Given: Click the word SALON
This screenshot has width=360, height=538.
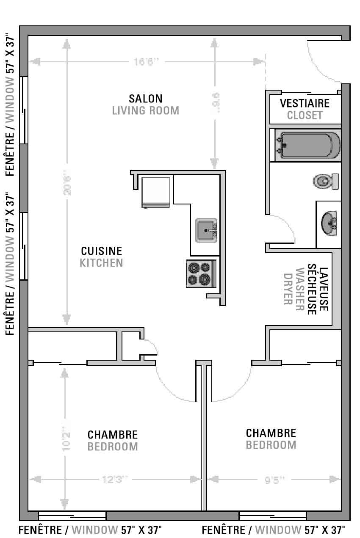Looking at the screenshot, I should pyautogui.click(x=145, y=99).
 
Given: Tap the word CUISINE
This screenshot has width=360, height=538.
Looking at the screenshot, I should pyautogui.click(x=102, y=251).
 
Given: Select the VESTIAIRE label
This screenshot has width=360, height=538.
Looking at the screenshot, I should pyautogui.click(x=305, y=103).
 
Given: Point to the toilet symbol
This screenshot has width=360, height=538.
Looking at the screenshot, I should pyautogui.click(x=326, y=181).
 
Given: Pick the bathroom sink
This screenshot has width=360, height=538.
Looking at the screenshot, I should pyautogui.click(x=329, y=223).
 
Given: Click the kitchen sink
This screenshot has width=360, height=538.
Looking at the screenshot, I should pyautogui.click(x=206, y=230).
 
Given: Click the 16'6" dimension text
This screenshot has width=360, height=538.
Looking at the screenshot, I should pyautogui.click(x=146, y=62).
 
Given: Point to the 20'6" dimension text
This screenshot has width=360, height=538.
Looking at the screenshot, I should pyautogui.click(x=66, y=185).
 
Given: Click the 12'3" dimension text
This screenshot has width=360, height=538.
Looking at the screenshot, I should pyautogui.click(x=115, y=480).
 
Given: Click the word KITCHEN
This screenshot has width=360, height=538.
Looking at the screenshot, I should pyautogui.click(x=102, y=263).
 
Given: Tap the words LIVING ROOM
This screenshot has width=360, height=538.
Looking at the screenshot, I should pyautogui.click(x=145, y=110).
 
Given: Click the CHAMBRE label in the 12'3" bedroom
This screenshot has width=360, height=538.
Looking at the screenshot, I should pyautogui.click(x=113, y=435).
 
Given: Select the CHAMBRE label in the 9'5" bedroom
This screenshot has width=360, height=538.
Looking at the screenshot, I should pyautogui.click(x=271, y=433).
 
